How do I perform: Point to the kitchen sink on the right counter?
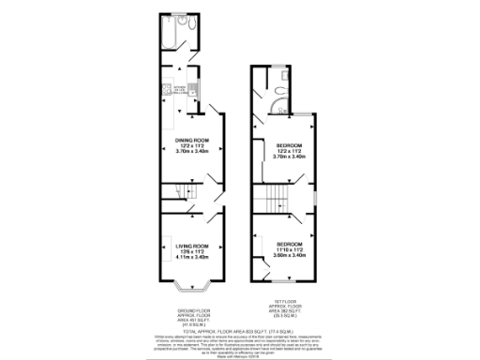(193, 91)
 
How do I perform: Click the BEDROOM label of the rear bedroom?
(284, 145)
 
